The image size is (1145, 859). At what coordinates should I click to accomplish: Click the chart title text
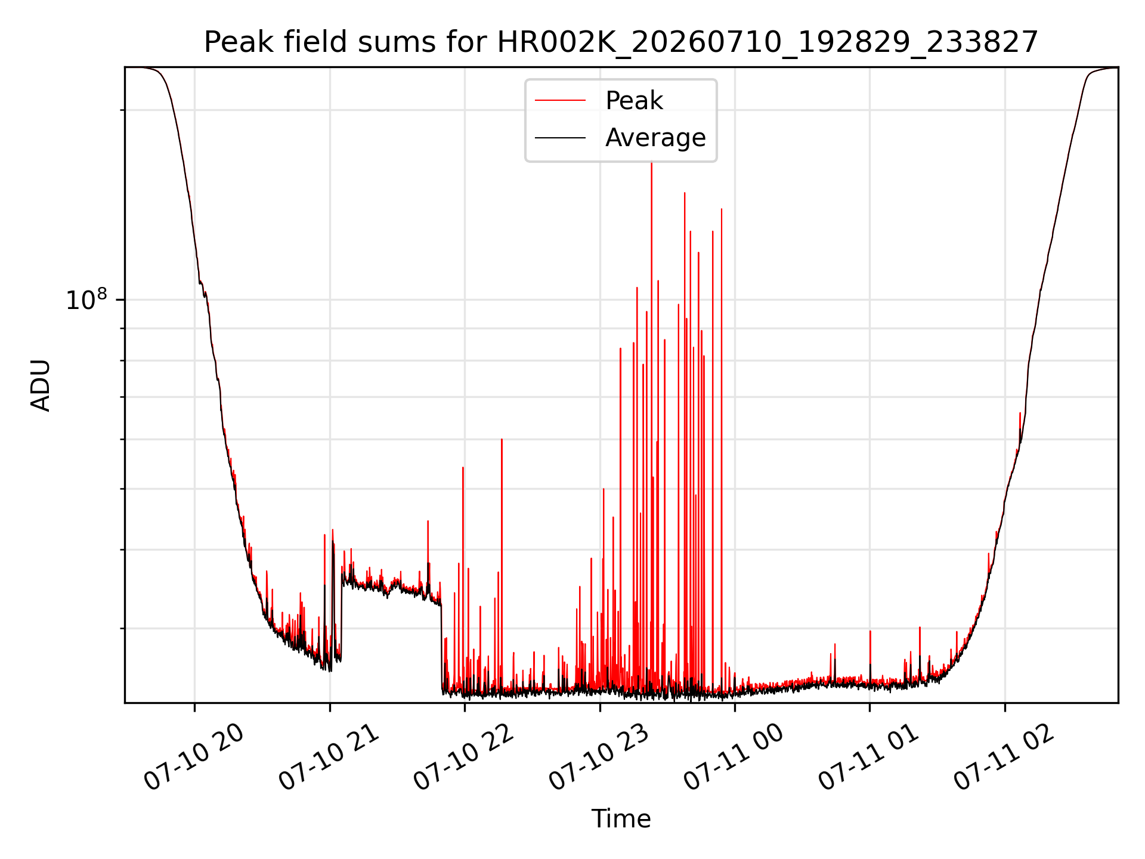(x=621, y=42)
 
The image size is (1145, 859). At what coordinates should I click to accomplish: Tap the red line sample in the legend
(x=560, y=101)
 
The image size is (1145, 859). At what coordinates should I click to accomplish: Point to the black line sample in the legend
(x=560, y=138)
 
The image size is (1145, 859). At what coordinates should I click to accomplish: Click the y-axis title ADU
(x=41, y=385)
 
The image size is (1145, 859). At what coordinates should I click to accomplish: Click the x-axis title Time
(x=621, y=818)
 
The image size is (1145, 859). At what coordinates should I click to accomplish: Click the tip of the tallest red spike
(x=651, y=162)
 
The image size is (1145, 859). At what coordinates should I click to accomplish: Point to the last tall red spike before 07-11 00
(x=722, y=209)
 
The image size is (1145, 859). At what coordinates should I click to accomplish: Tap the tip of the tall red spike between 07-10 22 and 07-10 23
(x=502, y=440)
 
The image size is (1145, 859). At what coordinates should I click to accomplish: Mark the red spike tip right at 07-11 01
(x=870, y=631)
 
